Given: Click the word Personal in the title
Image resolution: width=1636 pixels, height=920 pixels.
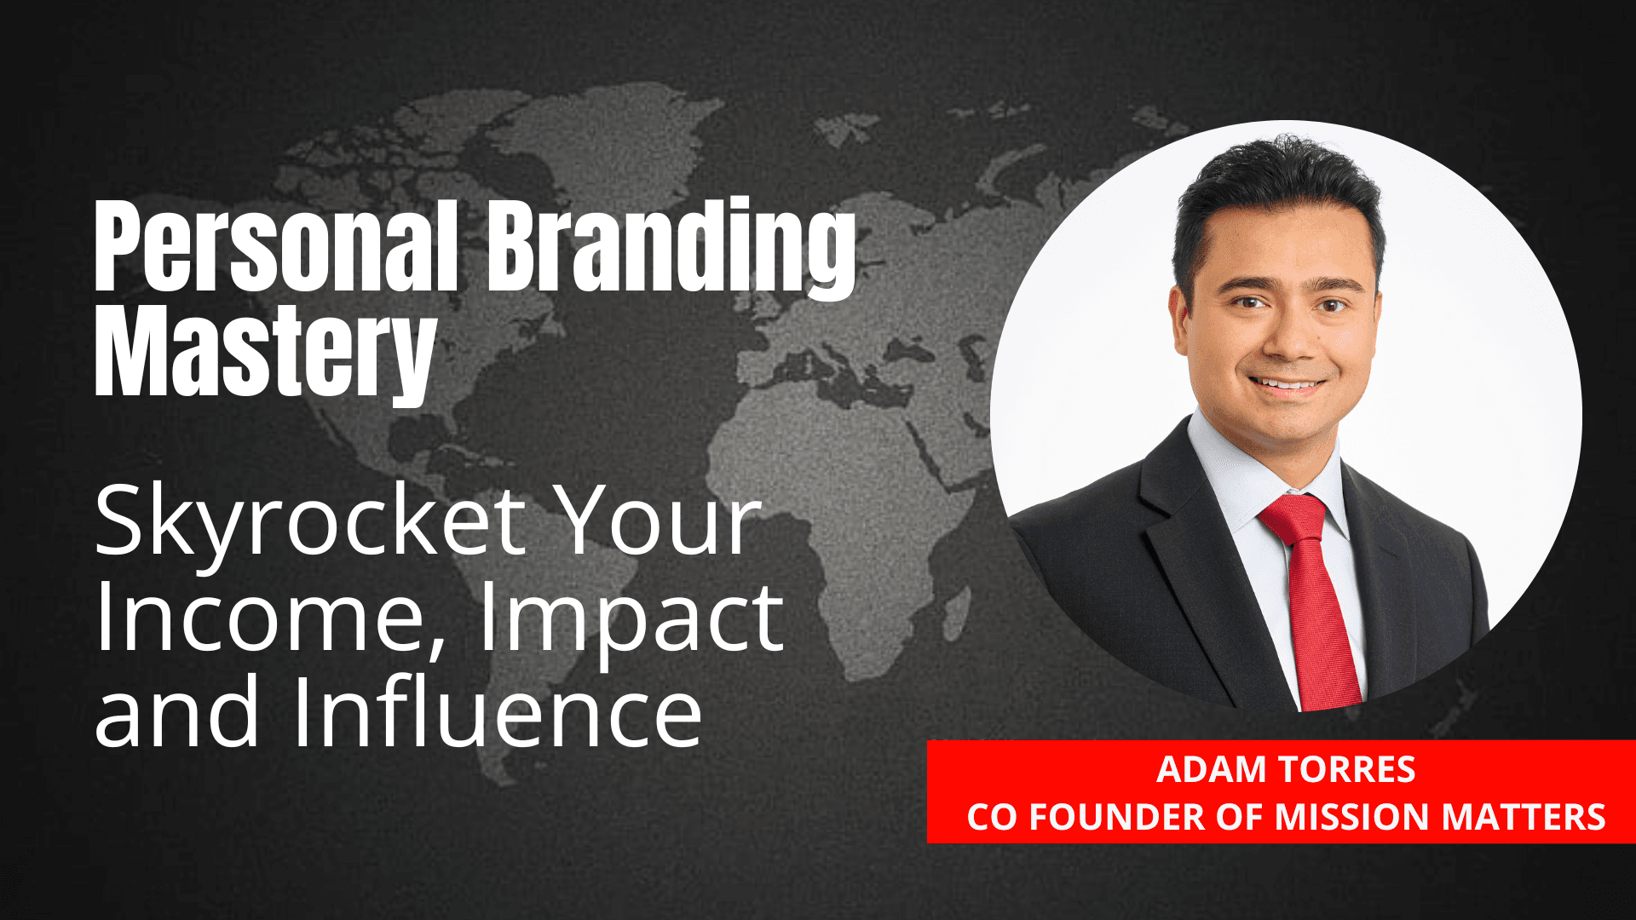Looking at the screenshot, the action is pyautogui.click(x=277, y=247).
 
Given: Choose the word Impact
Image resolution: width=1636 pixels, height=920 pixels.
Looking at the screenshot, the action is pyautogui.click(x=631, y=620).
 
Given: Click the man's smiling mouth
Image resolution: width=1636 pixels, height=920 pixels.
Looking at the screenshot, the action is pyautogui.click(x=1287, y=385).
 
